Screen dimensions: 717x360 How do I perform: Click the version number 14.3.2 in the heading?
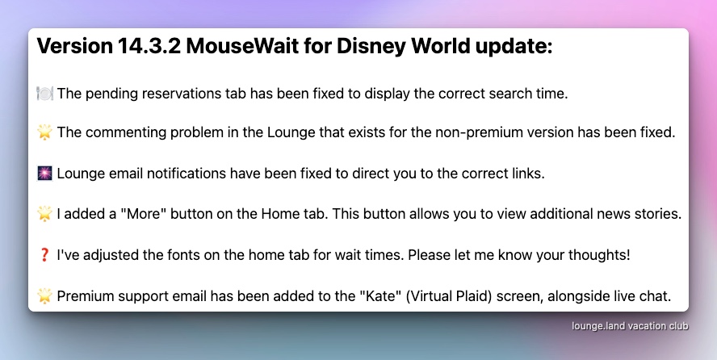(x=149, y=46)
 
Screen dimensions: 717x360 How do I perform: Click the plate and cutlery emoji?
(x=45, y=93)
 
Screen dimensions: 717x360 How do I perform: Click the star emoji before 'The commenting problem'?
(x=45, y=132)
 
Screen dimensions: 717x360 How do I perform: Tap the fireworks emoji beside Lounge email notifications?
(x=45, y=174)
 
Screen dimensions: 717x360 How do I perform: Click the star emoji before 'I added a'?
(x=45, y=214)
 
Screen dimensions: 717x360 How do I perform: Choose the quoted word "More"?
(x=143, y=214)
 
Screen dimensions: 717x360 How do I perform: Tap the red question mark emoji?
(x=44, y=255)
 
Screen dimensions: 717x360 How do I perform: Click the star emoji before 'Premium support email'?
(x=45, y=296)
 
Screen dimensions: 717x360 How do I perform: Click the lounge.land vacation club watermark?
(x=630, y=326)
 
